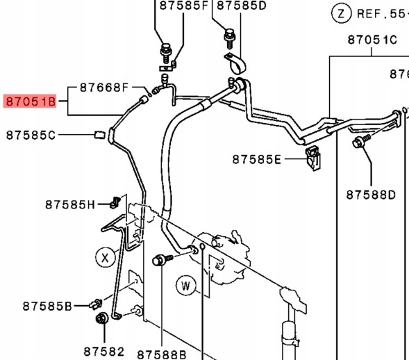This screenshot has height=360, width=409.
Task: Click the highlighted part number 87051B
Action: coord(31,101)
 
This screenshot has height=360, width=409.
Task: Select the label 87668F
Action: coord(104,88)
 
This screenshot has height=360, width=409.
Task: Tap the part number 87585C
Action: coord(31,136)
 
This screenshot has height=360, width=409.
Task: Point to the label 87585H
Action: coord(70,205)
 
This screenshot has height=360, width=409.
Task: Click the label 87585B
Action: coord(47,306)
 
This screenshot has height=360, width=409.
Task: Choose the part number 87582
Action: coord(104,352)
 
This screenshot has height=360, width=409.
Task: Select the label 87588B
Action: coord(162,354)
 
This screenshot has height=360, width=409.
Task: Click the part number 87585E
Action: coord(257,160)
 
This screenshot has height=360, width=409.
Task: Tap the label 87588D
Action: coord(371,195)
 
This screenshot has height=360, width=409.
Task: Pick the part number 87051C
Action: coord(372,40)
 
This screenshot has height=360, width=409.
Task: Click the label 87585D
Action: coord(242,6)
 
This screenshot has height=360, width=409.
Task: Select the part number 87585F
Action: coord(183,6)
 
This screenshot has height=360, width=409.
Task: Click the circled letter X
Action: coord(105,257)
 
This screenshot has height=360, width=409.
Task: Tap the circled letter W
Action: coord(186,286)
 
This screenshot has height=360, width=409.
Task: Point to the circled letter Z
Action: coord(342,13)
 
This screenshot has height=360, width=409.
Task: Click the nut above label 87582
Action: coord(101,318)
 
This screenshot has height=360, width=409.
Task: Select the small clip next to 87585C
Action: coord(99,135)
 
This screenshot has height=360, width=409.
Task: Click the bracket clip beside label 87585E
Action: coord(313,158)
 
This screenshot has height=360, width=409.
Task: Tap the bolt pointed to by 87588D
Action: coord(361,141)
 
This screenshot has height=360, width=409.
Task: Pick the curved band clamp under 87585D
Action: coord(235,64)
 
